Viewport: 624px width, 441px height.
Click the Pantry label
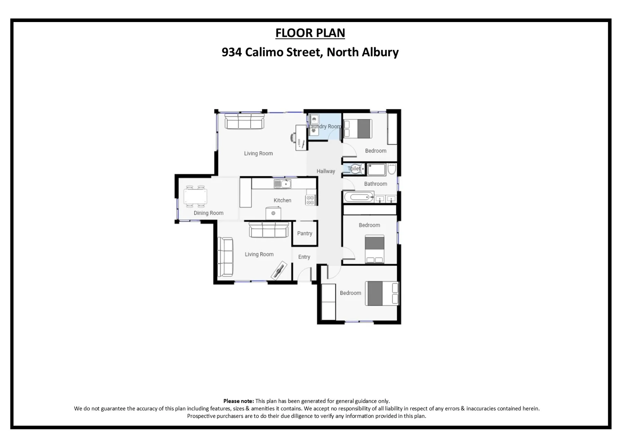(305, 234)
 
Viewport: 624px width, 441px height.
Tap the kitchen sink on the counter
(282, 184)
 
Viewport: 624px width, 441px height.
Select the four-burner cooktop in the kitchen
(310, 200)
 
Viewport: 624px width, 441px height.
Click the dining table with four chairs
(195, 196)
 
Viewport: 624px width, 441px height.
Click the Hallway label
(325, 171)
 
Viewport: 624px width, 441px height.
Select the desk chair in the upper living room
(294, 138)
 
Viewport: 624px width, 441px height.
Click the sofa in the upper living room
(245, 122)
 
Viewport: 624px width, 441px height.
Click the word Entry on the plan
(304, 257)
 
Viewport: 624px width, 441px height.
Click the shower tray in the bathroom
(376, 169)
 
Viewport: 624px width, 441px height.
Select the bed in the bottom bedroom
(382, 293)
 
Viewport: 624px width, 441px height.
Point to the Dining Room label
(208, 213)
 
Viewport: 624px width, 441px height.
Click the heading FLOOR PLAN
(310, 33)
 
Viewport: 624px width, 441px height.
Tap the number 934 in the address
(232, 52)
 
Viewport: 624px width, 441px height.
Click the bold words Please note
(238, 401)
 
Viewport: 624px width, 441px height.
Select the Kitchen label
(282, 200)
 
